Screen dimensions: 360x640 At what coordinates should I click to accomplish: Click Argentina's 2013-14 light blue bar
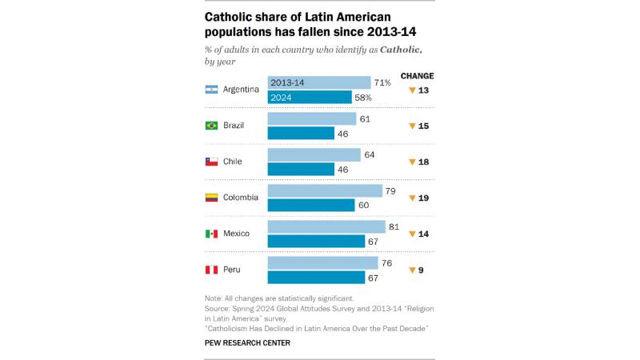pos(318,82)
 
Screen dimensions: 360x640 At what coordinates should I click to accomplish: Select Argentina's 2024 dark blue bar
pos(309,97)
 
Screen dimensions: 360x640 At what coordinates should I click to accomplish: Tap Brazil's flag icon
pos(212,126)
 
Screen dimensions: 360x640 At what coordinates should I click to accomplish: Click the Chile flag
pos(212,162)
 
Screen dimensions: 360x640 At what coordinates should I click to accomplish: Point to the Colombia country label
pos(241,198)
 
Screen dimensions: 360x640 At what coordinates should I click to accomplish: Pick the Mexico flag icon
pos(212,234)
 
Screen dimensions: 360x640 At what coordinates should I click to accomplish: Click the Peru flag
pos(212,270)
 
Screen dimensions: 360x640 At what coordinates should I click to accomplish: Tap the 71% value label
pos(382,82)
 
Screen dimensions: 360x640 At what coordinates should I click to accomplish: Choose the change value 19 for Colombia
pos(424,198)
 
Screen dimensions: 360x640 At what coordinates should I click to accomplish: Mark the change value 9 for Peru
pos(421,270)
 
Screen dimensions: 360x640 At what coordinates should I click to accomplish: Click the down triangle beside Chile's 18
pos(412,162)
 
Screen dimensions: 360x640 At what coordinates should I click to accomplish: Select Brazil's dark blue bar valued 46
pos(301,133)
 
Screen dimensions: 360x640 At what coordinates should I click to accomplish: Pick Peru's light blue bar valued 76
pos(322,262)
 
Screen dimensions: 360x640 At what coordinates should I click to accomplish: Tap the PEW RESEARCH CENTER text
pos(247,342)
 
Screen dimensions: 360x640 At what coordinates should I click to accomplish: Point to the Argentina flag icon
pos(212,90)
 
